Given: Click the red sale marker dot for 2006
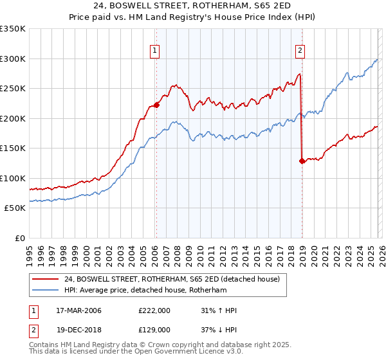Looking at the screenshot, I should (156, 106).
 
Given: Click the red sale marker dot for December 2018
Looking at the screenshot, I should (302, 161).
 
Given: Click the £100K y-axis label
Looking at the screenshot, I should (13, 178).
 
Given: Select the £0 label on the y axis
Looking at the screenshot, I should (19, 238).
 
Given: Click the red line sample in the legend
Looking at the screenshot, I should (45, 280).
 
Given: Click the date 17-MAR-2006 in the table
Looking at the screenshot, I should (77, 310).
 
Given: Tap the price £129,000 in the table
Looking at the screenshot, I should (154, 329).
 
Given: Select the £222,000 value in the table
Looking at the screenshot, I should (154, 310).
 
